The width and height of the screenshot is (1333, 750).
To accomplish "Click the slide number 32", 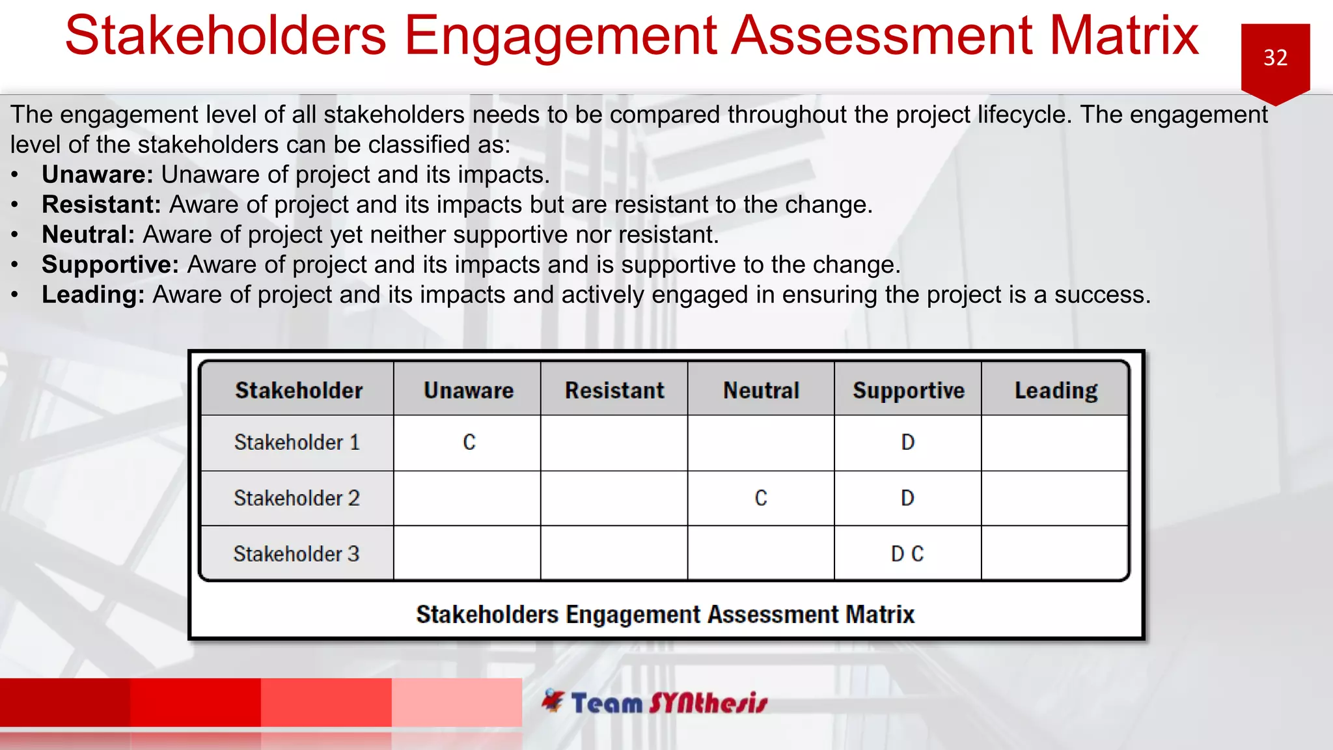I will pos(1275,58).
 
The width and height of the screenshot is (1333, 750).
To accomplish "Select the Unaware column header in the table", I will pos(468,390).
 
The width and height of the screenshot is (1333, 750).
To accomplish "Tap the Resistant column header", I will pos(614,390).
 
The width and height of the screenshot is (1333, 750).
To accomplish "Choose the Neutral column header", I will pos(761,390).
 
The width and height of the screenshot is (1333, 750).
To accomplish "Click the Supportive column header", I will pos(908,390).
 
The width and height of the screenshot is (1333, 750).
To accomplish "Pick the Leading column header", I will pos(1056,390).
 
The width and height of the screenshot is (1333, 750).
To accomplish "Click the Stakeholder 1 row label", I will pos(297,443).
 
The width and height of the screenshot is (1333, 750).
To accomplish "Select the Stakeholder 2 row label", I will pos(297,498).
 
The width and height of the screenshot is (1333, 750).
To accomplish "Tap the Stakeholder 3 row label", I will pos(297,554).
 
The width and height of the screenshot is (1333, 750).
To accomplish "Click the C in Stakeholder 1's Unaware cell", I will pos(469,443).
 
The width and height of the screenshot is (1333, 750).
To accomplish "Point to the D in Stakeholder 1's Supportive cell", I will pos(907,443).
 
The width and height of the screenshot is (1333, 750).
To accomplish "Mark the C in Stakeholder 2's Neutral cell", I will pos(761,498).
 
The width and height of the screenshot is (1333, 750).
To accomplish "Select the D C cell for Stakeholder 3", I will pos(907,554).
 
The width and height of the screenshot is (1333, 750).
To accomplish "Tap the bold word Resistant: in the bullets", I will pos(102,204).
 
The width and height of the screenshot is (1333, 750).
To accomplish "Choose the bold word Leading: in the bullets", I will pos(93,294).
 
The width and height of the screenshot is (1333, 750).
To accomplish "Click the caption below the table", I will pos(665,614).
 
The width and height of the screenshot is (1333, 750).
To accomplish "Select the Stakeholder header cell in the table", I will pos(299,390).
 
